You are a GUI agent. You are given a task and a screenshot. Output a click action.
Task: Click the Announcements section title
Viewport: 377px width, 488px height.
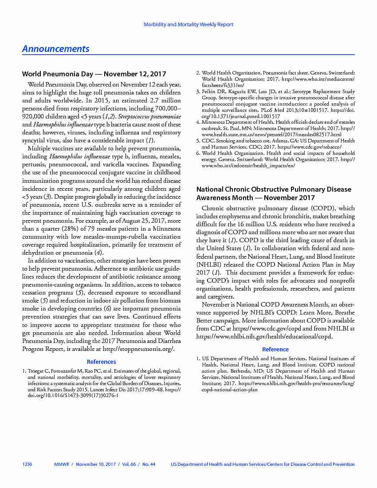pyautogui.click(x=56, y=49)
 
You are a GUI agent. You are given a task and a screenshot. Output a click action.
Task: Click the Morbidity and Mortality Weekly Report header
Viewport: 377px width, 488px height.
pyautogui.click(x=188, y=24)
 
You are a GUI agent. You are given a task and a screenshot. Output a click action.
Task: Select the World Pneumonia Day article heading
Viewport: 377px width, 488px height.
pyautogui.click(x=94, y=74)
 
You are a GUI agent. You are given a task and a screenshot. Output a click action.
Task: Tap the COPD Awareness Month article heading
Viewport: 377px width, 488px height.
pyautogui.click(x=274, y=193)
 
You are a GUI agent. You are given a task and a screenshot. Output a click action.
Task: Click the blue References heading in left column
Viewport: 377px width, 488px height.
pyautogui.click(x=101, y=362)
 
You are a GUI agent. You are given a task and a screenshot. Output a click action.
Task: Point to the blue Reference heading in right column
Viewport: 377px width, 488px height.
pyautogui.click(x=275, y=349)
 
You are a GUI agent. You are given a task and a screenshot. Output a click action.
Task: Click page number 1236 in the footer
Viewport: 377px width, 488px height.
pyautogui.click(x=27, y=464)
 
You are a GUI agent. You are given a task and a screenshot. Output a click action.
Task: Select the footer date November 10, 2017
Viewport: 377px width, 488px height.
pyautogui.click(x=96, y=464)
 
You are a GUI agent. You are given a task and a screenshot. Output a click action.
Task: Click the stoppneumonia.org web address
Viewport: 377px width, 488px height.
pyautogui.click(x=145, y=349)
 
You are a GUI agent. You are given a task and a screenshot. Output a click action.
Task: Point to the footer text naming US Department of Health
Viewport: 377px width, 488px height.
pyautogui.click(x=263, y=464)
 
